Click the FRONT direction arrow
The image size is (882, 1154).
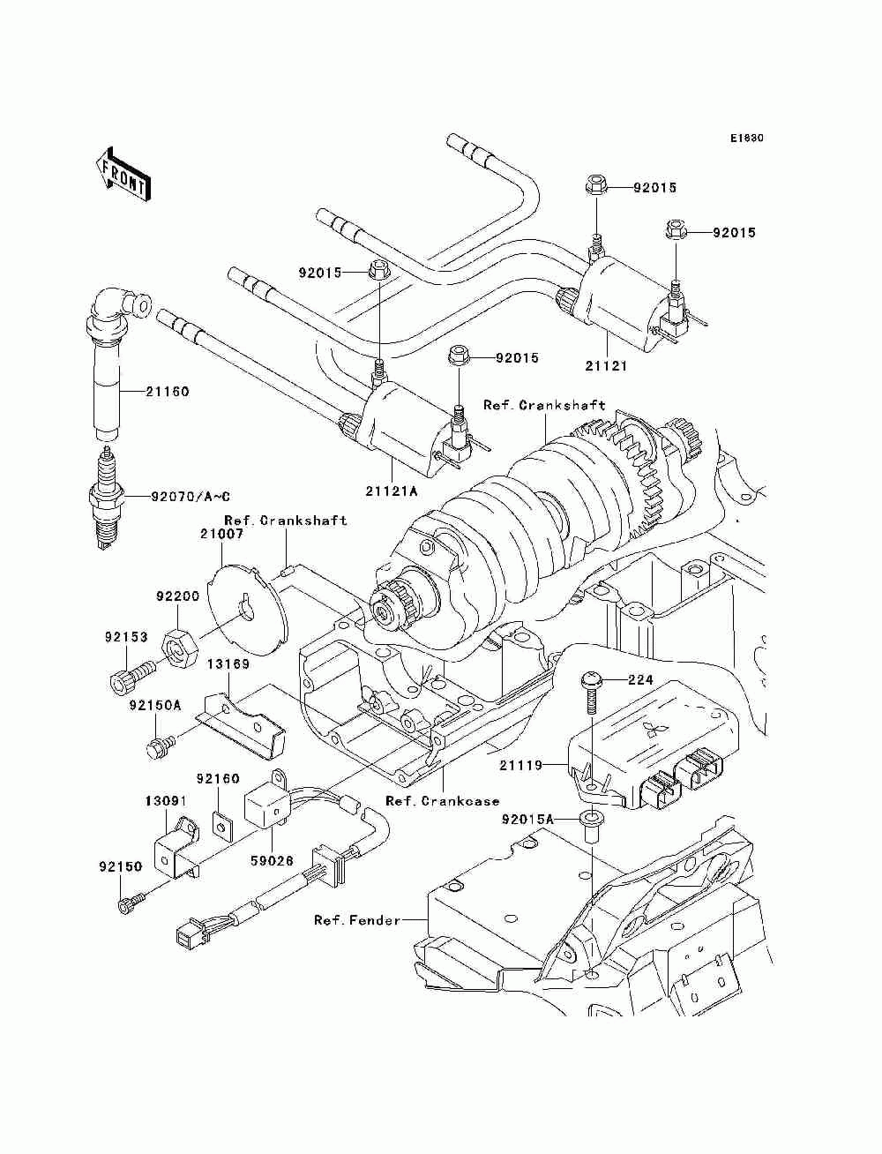pyautogui.click(x=123, y=174)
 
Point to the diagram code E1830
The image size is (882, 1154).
pyautogui.click(x=746, y=139)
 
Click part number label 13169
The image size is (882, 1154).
pyautogui.click(x=228, y=664)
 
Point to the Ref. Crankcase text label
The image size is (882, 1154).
pyautogui.click(x=443, y=801)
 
